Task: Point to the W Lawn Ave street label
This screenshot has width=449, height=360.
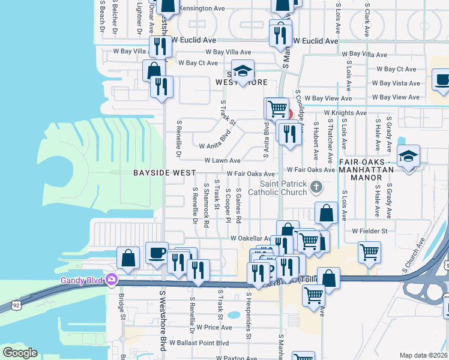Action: coord(222,161)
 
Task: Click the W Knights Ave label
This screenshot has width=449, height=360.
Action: coord(345,112)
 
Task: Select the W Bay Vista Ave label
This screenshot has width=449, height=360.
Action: coord(396,83)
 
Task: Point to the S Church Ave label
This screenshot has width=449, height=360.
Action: coord(410,256)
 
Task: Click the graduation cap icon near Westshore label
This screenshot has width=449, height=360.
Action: coord(243,72)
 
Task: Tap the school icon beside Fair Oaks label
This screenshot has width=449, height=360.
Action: coord(408,157)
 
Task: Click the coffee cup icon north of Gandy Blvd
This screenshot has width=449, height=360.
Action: coord(157,253)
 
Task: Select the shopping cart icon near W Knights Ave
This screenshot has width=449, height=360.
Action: coord(277,109)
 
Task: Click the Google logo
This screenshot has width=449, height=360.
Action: coord(20,353)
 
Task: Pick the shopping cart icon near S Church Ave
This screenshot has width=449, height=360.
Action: coord(370,252)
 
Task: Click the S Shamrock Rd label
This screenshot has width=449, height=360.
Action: coord(206,206)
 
